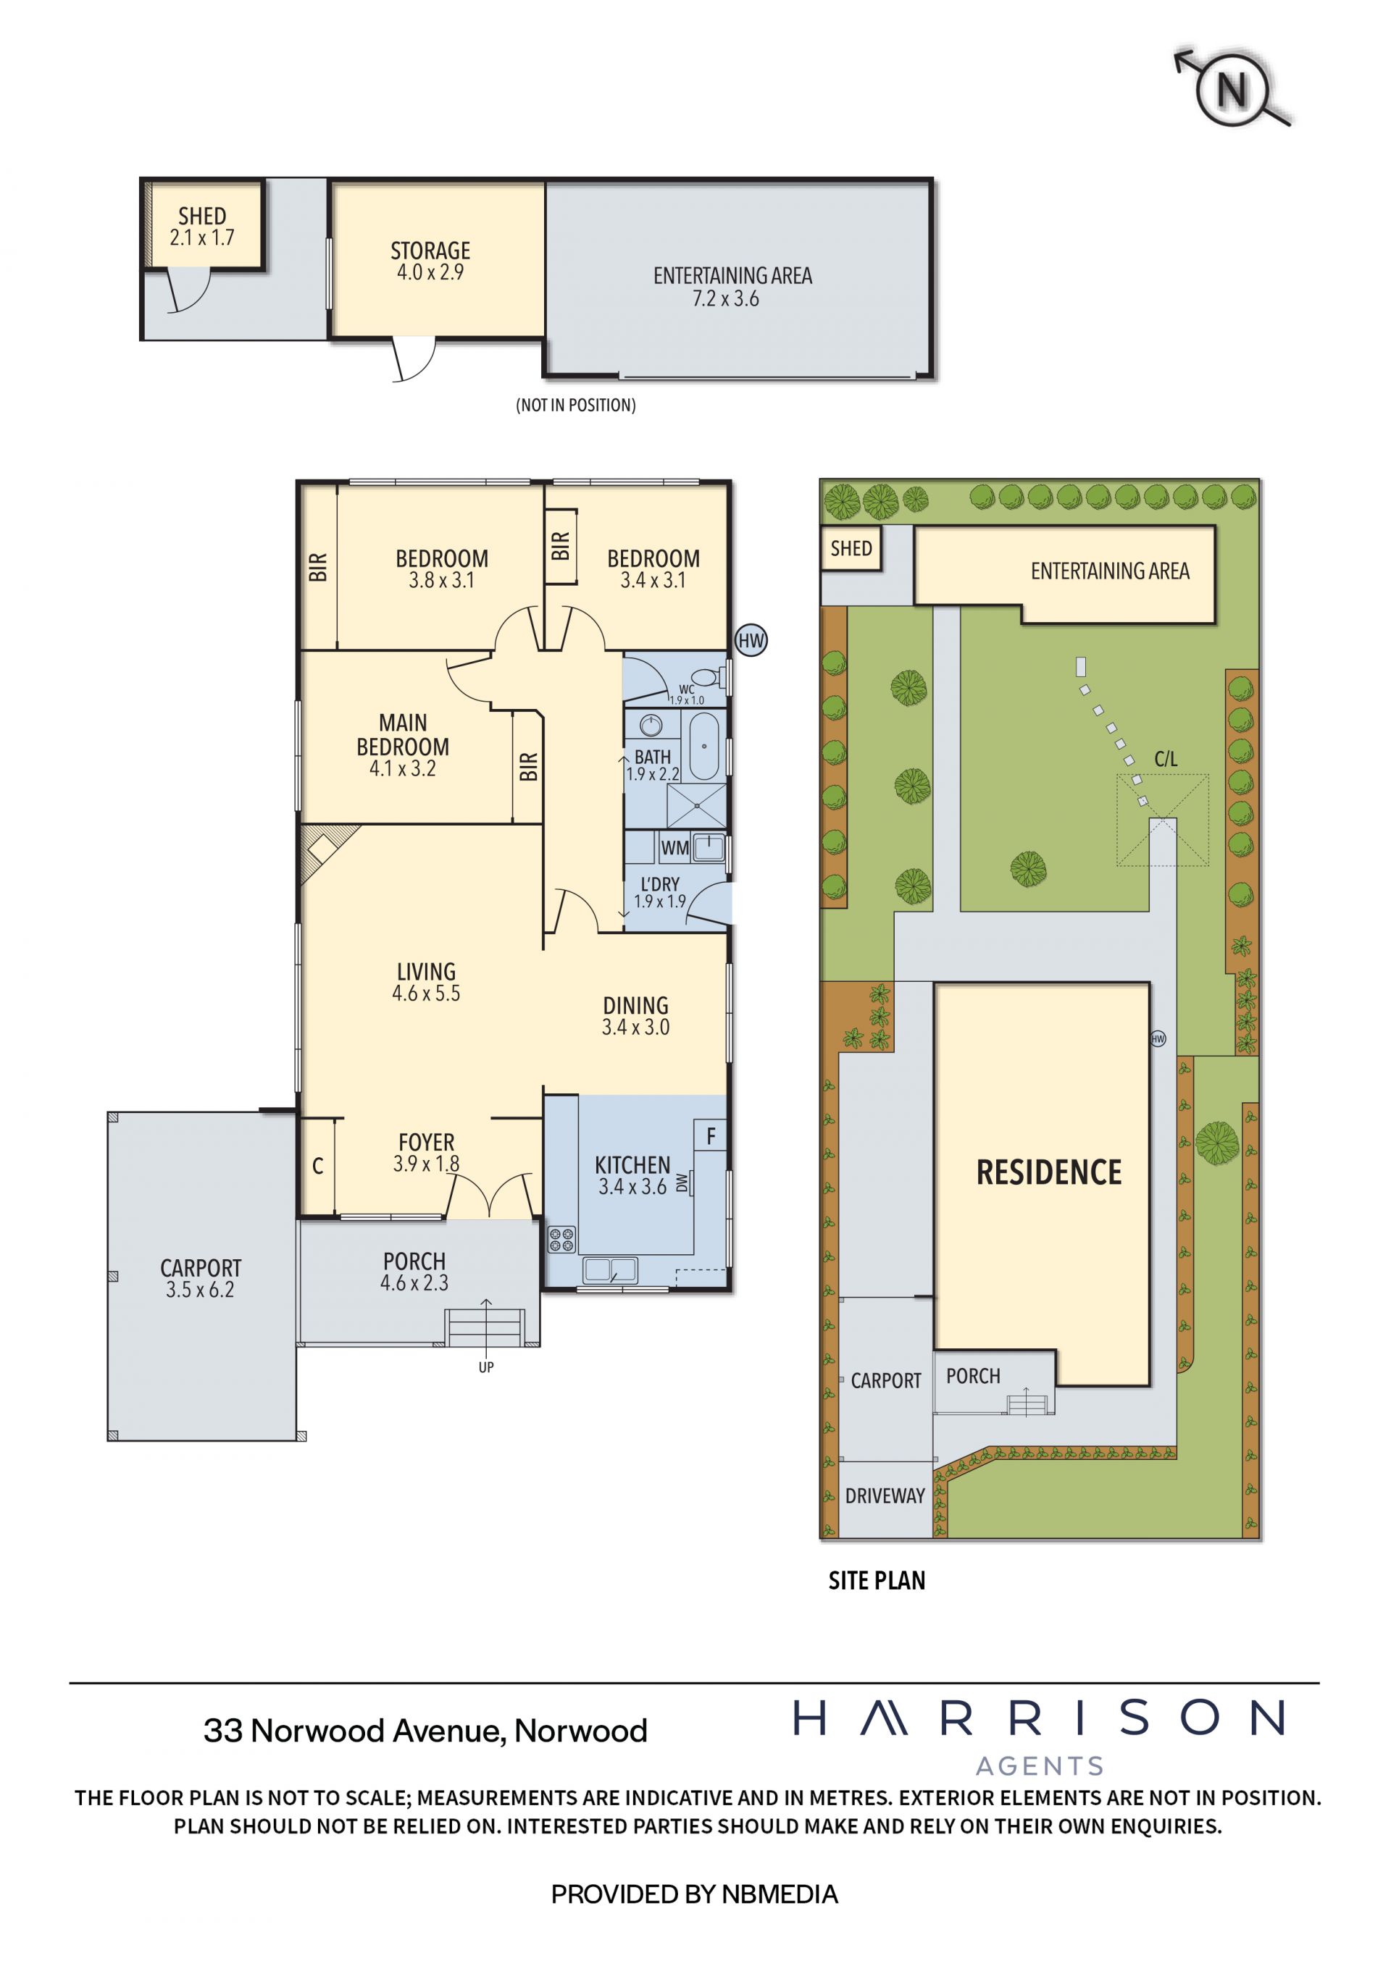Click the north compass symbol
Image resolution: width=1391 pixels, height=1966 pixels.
(x=1232, y=88)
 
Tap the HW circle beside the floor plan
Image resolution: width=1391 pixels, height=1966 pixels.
(x=751, y=641)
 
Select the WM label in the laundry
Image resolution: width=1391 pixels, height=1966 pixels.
(x=675, y=848)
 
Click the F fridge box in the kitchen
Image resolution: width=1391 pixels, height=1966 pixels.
(x=710, y=1136)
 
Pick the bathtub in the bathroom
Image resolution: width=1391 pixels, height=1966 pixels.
(x=704, y=747)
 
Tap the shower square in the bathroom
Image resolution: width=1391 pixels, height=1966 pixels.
(x=696, y=806)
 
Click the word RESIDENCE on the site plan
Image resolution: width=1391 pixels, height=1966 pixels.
(x=1048, y=1172)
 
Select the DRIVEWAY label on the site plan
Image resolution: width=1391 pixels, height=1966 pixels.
(x=885, y=1496)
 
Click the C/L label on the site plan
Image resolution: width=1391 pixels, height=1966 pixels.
(x=1166, y=759)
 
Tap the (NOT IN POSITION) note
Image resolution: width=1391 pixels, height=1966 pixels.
(x=575, y=405)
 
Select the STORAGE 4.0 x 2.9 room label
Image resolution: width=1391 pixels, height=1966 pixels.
(x=430, y=261)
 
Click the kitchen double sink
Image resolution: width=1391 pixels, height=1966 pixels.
(x=610, y=1269)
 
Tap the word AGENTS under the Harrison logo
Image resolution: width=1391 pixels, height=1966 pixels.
(x=1040, y=1765)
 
